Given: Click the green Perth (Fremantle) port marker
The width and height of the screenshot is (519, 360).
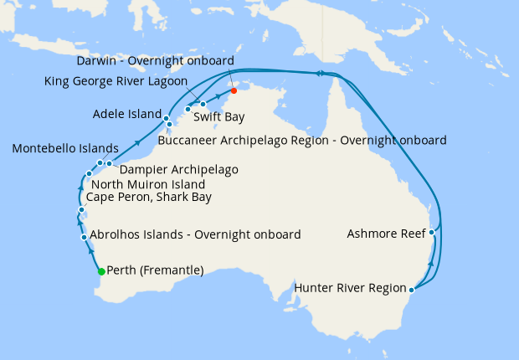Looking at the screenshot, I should tap(101, 271).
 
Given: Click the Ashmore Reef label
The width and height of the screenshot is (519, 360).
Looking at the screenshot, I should tap(386, 234).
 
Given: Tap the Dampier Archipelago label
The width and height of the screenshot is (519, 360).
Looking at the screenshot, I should tap(179, 169).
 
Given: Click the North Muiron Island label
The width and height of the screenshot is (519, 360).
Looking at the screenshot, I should tap(147, 184).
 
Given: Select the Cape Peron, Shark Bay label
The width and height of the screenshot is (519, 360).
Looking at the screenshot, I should tap(148, 198).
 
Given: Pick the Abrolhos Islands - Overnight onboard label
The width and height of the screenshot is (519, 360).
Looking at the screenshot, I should tap(194, 235).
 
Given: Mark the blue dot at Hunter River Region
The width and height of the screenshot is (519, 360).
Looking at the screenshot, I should tap(411, 290).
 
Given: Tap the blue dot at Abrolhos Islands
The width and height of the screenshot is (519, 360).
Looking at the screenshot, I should tap(84, 238).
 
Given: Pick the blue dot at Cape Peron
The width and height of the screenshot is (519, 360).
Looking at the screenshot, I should tap(80, 209).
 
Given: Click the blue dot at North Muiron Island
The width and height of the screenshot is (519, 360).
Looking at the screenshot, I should tap(89, 174).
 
